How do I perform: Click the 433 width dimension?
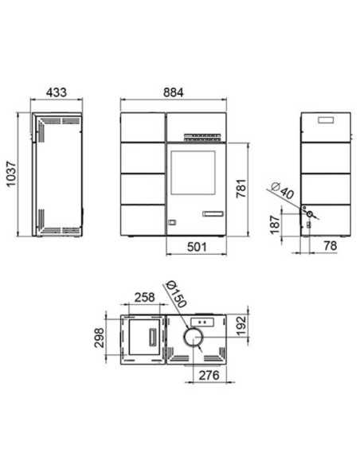tap(57, 92)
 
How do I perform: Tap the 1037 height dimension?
tap(11, 174)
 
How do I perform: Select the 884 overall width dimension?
tap(174, 92)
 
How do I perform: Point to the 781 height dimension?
tap(241, 188)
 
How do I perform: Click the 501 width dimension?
tap(197, 247)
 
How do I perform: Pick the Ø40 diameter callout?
tap(282, 191)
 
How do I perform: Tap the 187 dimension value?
tap(276, 225)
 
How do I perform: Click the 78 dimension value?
tap(331, 245)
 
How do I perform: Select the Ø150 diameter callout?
tap(177, 294)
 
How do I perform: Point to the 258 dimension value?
tap(145, 297)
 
